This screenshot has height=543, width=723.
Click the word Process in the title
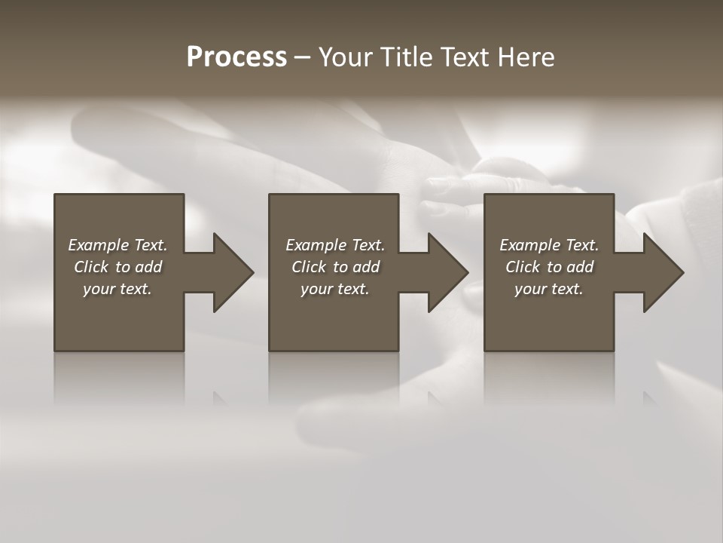pos(236,57)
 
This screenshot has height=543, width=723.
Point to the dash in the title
pos(302,58)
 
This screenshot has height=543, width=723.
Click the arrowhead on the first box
pos(232,272)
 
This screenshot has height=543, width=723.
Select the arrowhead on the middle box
pos(447,272)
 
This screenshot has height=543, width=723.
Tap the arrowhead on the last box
pos(662,272)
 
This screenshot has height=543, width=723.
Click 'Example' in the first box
pos(99,245)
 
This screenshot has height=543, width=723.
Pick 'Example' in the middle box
pos(316,245)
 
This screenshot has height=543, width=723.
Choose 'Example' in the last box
pos(530,245)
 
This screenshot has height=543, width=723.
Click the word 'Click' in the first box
pos(91,267)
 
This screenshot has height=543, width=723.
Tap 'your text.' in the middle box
pos(334,289)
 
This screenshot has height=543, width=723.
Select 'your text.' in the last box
pos(548,289)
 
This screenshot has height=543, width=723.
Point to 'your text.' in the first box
pos(117,289)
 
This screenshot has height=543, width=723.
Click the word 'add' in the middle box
pos(365,267)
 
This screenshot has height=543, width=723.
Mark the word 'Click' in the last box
pos(523,267)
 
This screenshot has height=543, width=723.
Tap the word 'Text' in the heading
pos(465,57)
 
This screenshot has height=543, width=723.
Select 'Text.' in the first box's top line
pos(150,245)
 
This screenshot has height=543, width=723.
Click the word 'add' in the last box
pos(579,267)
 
